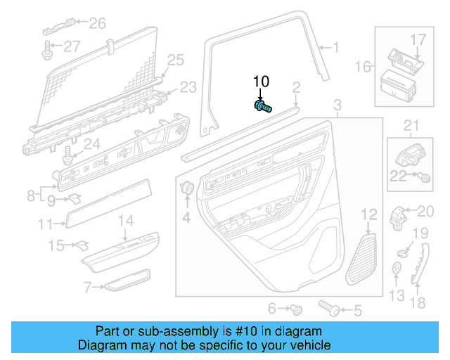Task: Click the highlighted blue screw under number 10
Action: click(263, 107)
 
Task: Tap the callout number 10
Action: click(261, 82)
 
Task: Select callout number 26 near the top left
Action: click(97, 24)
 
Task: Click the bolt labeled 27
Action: click(48, 48)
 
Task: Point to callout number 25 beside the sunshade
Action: click(174, 59)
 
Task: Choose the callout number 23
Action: click(188, 87)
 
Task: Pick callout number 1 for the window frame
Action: click(335, 48)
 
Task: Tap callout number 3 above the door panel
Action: click(337, 107)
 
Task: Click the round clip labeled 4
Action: click(188, 188)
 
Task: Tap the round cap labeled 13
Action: click(397, 267)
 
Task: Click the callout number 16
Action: click(363, 67)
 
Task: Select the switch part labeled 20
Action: click(399, 213)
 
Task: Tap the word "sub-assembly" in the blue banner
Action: click(173, 331)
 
